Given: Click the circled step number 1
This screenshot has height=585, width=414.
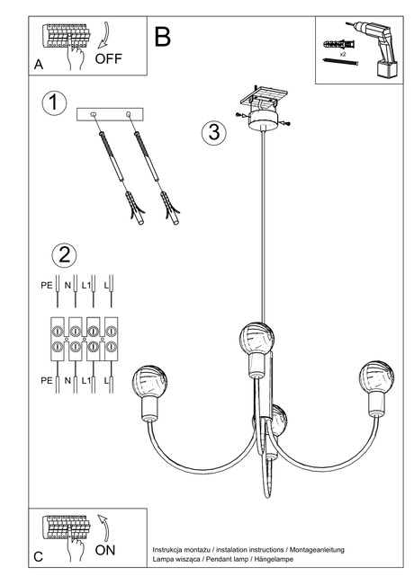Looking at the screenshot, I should [54, 102].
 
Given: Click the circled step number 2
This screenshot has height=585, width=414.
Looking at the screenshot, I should [64, 255].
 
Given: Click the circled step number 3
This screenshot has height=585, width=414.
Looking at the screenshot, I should [211, 132].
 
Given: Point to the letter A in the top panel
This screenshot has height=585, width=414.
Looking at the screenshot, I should [38, 66].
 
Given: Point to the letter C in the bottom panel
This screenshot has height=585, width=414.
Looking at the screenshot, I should [38, 557].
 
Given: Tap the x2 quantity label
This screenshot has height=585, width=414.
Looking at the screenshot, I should [344, 56].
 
